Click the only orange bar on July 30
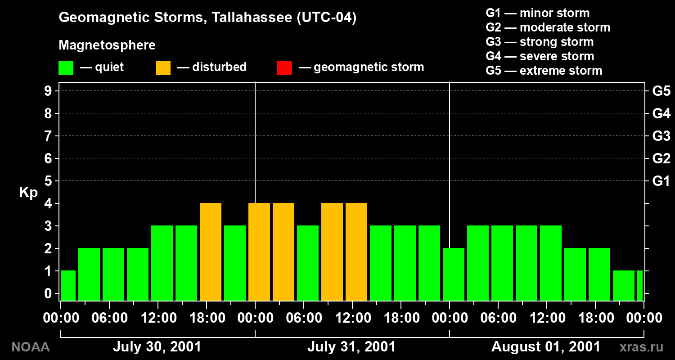point(210,252)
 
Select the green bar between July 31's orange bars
point(308,263)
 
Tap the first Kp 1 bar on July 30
point(68,286)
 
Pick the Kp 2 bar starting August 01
point(454,274)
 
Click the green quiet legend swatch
point(66,68)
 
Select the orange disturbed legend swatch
point(163,68)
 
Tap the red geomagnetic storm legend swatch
point(284,68)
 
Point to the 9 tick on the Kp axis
point(48,91)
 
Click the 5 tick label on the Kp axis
point(48,181)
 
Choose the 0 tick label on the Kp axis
point(48,293)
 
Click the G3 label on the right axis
point(661,136)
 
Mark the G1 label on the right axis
point(661,181)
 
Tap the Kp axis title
point(28,193)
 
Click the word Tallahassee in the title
point(252,17)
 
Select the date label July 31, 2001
point(351,347)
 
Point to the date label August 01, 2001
point(545,347)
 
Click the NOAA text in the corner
point(31,347)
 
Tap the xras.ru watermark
point(641,347)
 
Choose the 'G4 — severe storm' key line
point(540,56)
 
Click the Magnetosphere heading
point(107,45)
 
